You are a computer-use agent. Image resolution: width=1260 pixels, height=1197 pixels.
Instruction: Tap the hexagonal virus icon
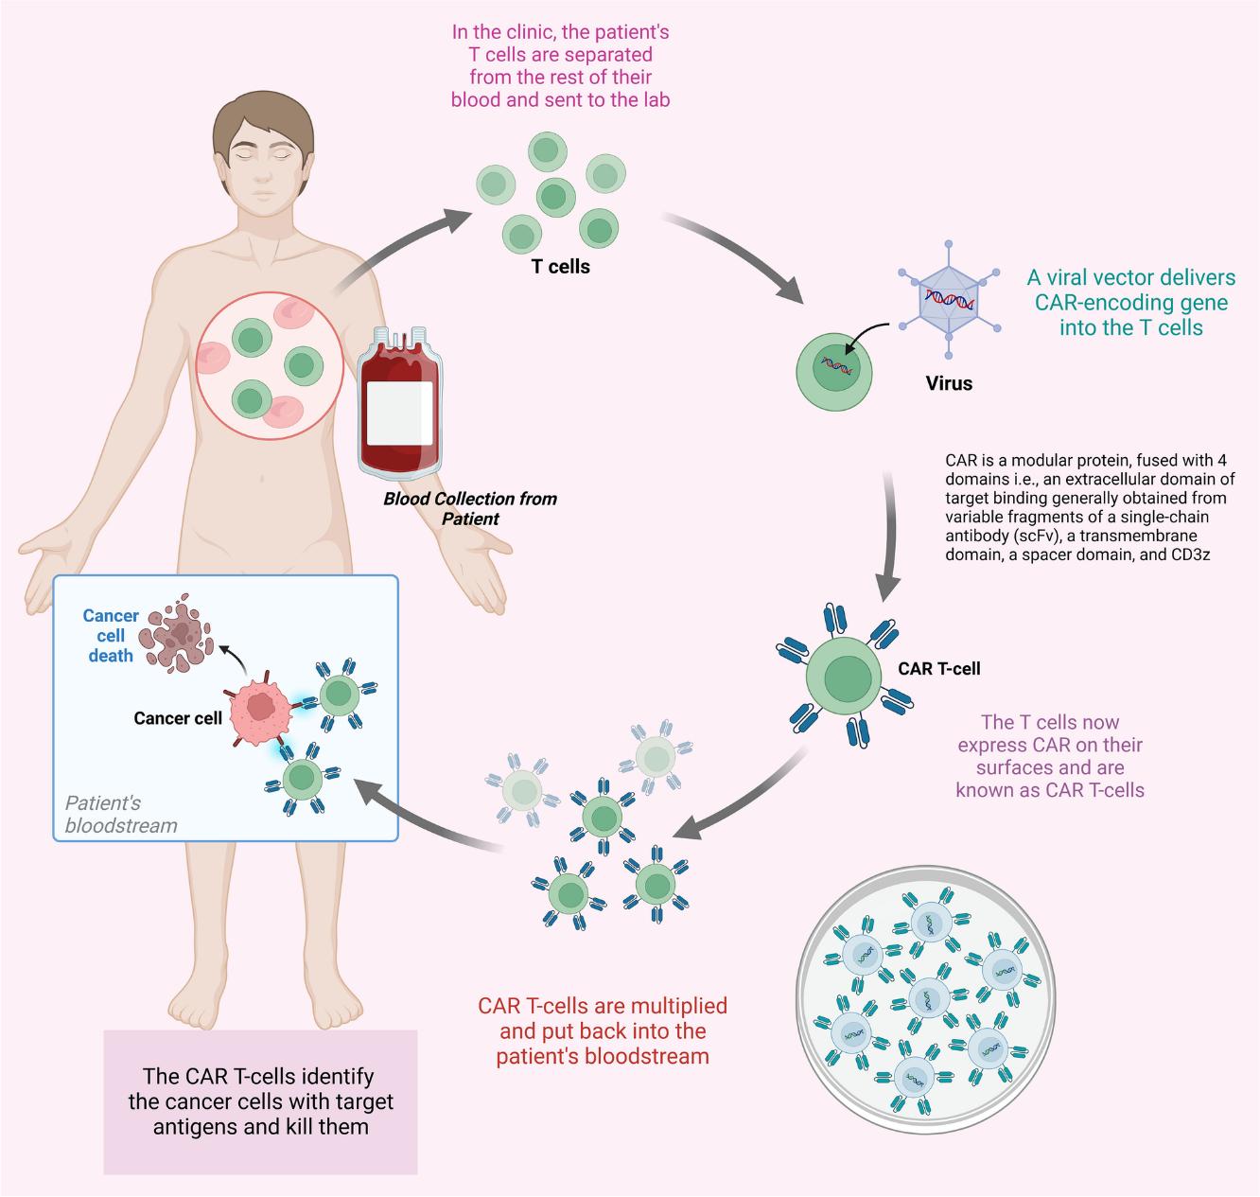949,299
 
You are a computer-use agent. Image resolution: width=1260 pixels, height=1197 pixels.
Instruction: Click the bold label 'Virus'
948,383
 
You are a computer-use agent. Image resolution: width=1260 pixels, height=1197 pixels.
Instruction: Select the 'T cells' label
560,267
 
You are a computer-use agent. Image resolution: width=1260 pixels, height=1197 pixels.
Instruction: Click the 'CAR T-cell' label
938,668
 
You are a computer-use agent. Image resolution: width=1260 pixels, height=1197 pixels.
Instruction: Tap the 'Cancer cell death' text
111,635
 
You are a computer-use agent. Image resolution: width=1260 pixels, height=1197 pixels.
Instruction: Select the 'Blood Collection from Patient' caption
470,508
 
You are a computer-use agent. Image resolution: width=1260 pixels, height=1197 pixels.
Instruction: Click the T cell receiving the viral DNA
833,369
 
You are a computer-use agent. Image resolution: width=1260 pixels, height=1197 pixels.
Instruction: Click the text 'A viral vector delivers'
1130,277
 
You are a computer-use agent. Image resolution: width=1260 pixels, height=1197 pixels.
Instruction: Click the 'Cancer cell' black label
178,718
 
